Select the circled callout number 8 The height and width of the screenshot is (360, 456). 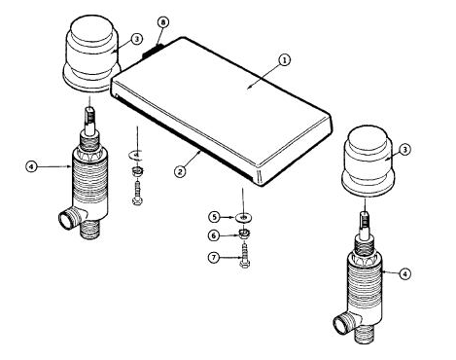[162, 21]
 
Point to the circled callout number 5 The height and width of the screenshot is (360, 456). [216, 216]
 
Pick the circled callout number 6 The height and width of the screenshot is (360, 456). [216, 234]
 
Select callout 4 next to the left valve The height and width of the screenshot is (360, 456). [32, 166]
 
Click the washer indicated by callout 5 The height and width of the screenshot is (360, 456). [243, 217]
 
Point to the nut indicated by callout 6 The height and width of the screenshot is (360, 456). [243, 234]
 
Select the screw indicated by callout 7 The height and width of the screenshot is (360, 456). [243, 257]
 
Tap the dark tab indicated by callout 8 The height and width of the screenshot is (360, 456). [152, 50]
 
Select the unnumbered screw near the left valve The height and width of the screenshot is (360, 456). [136, 196]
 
